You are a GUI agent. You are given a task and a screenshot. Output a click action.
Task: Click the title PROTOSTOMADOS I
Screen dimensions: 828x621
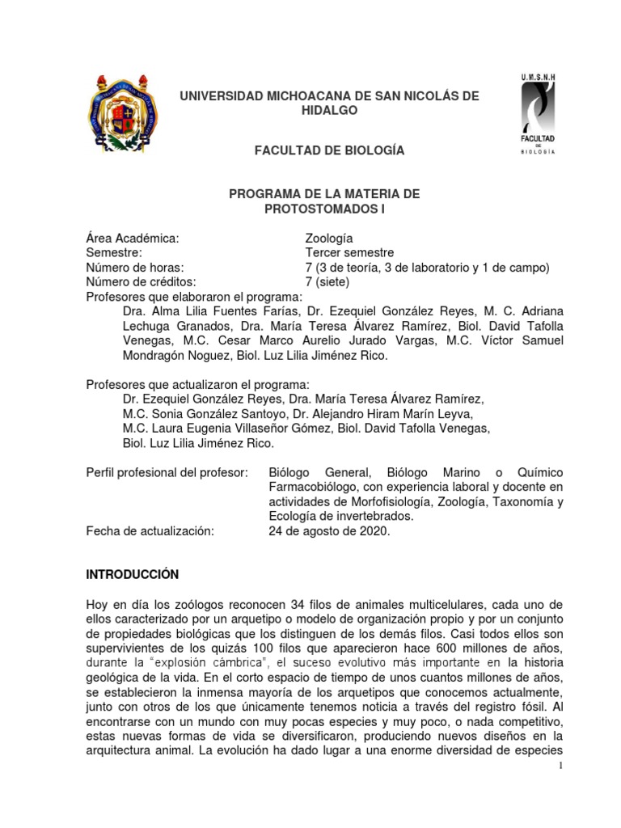coord(324,209)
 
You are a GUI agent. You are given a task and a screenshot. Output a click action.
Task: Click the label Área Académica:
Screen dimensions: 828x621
coord(132,238)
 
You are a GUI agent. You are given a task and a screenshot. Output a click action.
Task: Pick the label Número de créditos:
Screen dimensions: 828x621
coord(142,281)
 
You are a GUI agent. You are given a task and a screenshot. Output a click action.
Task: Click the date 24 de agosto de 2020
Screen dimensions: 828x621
coord(331,530)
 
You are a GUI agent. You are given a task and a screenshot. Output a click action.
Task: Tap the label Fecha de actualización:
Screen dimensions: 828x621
coord(150,530)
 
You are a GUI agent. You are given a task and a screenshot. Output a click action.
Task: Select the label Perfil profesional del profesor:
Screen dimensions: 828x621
coord(167,471)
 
